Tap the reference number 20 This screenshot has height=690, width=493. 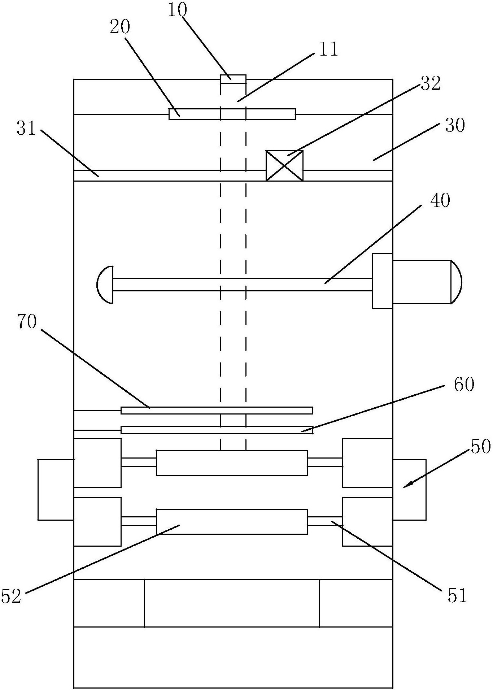point(120,27)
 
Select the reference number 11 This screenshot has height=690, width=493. point(328,49)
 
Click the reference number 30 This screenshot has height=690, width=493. point(455,126)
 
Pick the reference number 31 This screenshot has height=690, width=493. point(26,128)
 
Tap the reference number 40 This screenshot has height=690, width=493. point(440,200)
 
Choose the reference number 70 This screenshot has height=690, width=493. point(26,322)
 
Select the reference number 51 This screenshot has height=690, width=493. point(457,596)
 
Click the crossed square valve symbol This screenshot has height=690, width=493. point(284,166)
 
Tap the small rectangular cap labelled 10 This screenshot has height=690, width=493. point(233,79)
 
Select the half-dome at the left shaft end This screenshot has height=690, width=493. point(105,285)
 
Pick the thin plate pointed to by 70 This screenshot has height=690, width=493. point(217,410)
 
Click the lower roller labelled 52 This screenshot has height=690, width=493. point(232,521)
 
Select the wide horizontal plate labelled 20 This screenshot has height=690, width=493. point(232,114)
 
